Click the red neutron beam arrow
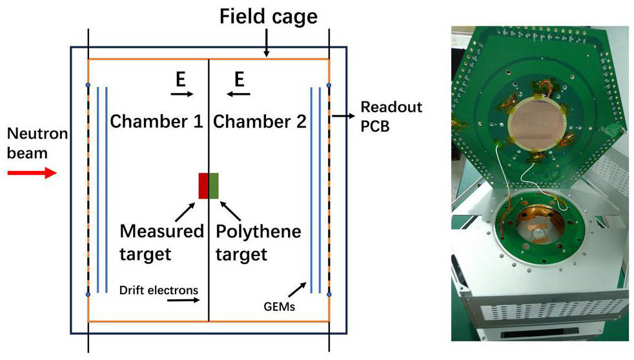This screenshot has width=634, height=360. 32,173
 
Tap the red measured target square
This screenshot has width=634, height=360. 203,186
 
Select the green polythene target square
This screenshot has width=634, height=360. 214,186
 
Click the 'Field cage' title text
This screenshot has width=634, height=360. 269,17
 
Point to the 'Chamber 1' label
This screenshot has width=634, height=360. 156,121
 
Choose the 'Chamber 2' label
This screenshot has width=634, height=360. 260,121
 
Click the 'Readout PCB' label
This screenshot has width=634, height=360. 391,116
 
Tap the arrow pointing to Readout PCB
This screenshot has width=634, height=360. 343,116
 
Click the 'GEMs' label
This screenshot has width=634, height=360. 279,306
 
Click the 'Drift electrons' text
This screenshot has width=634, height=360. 159,290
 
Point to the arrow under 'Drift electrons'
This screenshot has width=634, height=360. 183,300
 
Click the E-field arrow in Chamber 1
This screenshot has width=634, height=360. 182,94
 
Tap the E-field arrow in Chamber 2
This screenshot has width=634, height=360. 238,94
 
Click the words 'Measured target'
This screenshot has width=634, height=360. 162,243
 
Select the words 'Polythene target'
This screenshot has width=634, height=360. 258,243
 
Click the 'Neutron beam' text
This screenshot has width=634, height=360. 37,143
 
